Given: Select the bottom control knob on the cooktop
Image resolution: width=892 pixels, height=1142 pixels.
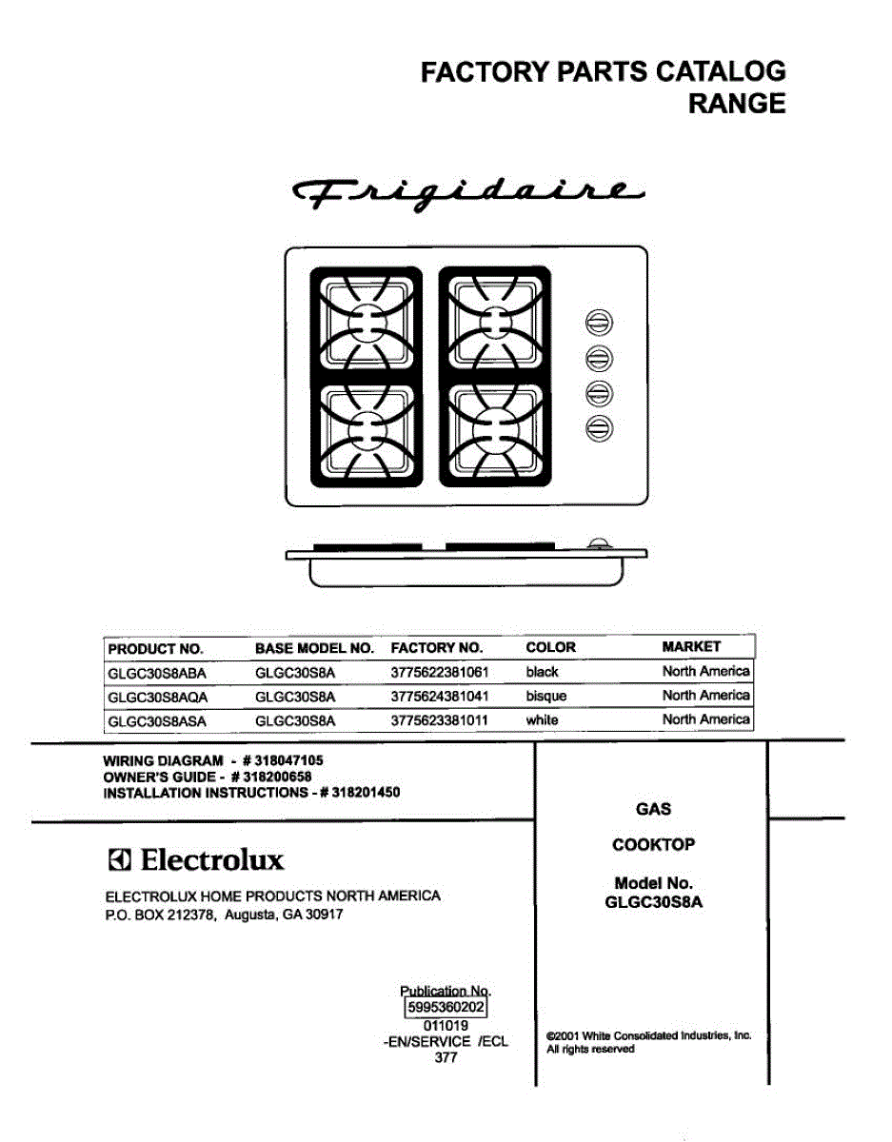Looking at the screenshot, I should (x=599, y=427).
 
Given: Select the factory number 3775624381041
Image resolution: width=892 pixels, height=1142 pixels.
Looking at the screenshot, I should (x=439, y=697).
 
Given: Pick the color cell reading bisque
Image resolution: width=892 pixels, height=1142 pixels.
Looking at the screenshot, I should (x=545, y=697).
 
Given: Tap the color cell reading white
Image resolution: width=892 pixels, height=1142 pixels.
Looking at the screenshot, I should (x=542, y=720).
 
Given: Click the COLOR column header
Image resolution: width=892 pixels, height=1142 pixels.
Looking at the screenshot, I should (x=550, y=648).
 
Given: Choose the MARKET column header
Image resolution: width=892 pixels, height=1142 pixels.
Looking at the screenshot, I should (x=691, y=647).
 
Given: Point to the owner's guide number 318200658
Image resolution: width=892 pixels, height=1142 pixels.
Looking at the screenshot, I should (x=276, y=777).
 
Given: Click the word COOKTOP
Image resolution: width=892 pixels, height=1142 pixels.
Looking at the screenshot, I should (x=653, y=844).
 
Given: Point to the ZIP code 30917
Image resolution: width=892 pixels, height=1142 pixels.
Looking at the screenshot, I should (x=321, y=915).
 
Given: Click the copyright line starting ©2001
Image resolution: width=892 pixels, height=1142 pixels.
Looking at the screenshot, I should (x=648, y=1035).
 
